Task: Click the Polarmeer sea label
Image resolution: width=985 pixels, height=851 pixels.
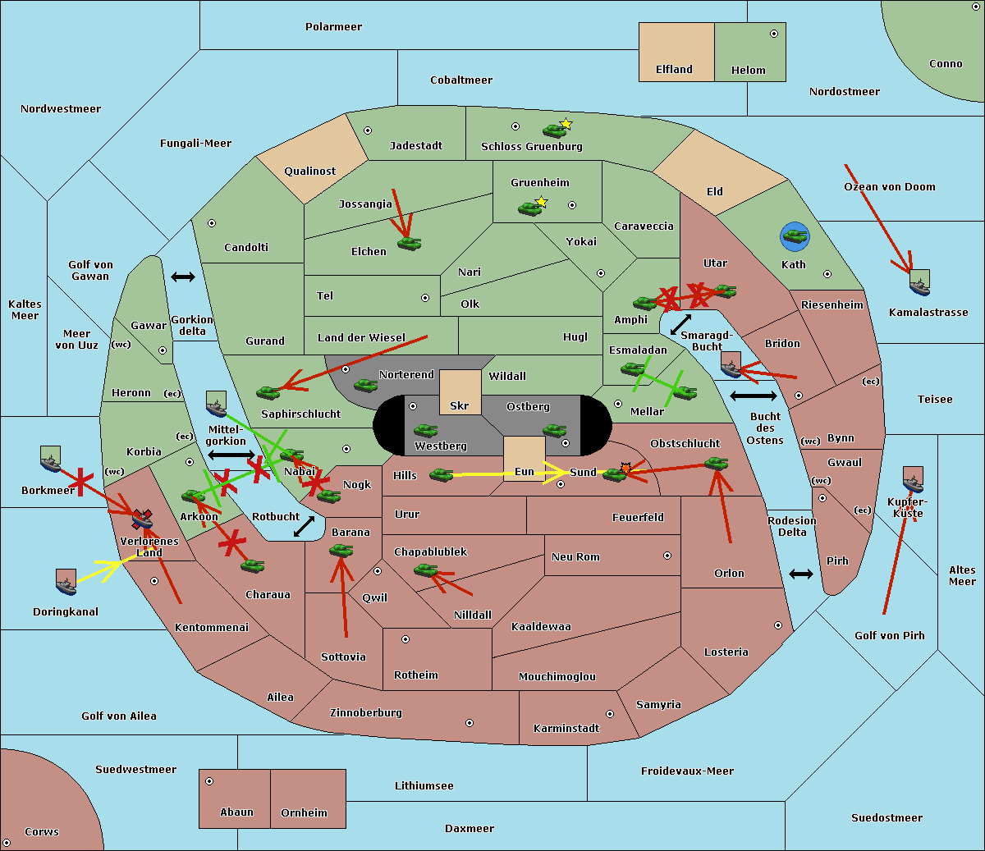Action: pyautogui.click(x=333, y=27)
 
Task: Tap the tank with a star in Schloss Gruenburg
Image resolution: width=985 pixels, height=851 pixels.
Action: pyautogui.click(x=555, y=130)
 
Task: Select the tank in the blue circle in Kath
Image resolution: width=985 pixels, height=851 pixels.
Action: pyautogui.click(x=795, y=236)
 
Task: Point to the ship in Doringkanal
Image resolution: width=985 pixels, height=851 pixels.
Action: pyautogui.click(x=66, y=582)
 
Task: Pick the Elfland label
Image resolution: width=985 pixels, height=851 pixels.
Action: pyautogui.click(x=674, y=70)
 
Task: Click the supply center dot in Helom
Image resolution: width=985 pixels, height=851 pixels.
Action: pyautogui.click(x=774, y=34)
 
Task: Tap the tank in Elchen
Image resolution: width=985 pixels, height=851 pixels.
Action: pyautogui.click(x=410, y=244)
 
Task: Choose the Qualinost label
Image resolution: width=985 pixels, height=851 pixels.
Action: pyautogui.click(x=309, y=171)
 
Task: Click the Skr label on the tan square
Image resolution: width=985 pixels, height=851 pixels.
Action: pyautogui.click(x=459, y=405)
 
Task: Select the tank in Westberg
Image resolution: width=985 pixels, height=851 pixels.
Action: pyautogui.click(x=425, y=431)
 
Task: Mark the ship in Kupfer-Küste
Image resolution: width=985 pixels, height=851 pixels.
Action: pyautogui.click(x=913, y=479)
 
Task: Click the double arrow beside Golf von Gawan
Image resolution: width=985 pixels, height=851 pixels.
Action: pyautogui.click(x=183, y=277)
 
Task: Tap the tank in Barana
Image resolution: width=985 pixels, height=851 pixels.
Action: pyautogui.click(x=341, y=551)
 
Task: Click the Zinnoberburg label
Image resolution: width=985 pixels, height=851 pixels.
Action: pyautogui.click(x=366, y=713)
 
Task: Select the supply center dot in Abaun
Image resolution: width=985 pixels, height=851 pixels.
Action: pyautogui.click(x=209, y=781)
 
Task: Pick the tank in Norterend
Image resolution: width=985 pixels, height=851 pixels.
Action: pyautogui.click(x=366, y=385)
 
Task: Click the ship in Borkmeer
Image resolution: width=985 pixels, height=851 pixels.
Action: pyautogui.click(x=51, y=460)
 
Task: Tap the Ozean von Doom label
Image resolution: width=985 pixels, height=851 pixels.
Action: pyautogui.click(x=889, y=187)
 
